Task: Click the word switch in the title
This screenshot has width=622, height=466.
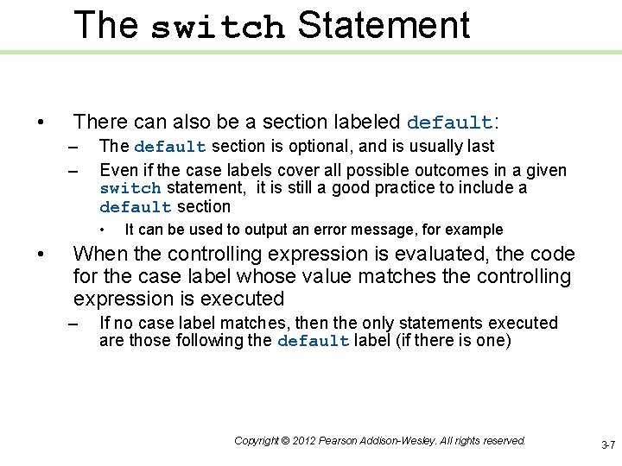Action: [x=218, y=28]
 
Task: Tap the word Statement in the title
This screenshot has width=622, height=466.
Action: [x=384, y=26]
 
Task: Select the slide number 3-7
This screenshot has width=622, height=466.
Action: [x=607, y=445]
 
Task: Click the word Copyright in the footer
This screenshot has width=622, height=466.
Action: [x=257, y=441]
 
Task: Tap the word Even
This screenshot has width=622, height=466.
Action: [x=116, y=170]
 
